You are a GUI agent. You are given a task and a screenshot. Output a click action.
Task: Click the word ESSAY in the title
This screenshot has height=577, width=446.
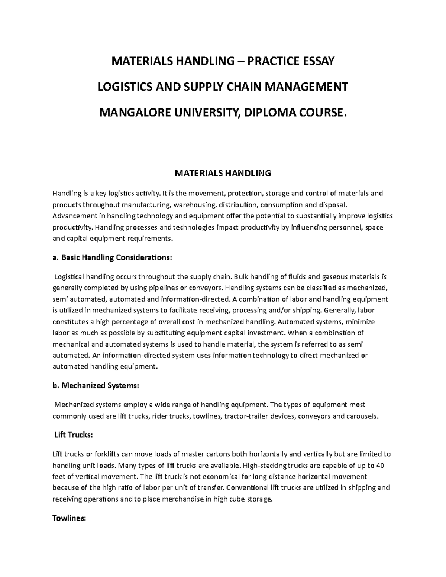pyautogui.click(x=317, y=61)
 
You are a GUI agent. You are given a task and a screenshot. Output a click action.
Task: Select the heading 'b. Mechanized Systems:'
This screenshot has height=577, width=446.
pyautogui.click(x=96, y=386)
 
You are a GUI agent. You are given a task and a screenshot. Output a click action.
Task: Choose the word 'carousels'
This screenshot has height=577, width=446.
pyautogui.click(x=362, y=416)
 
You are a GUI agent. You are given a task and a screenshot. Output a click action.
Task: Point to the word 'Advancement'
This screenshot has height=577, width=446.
pyautogui.click(x=74, y=216)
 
